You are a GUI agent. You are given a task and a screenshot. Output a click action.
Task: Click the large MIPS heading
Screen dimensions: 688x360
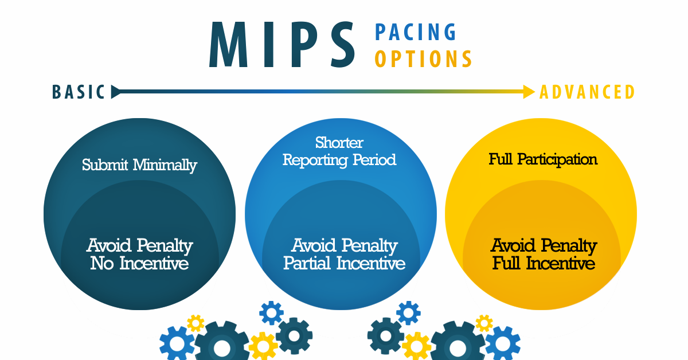(x=282, y=44)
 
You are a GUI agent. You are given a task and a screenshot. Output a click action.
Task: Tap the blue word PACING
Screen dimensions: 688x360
(x=416, y=32)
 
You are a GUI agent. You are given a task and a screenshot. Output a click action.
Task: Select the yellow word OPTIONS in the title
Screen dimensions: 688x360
(x=424, y=58)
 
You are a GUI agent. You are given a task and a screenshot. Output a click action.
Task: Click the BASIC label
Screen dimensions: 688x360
(x=79, y=92)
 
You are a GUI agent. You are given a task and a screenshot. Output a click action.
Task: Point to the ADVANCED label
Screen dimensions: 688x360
(x=587, y=92)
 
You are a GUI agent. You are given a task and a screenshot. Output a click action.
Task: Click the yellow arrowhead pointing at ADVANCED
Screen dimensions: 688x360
(x=529, y=92)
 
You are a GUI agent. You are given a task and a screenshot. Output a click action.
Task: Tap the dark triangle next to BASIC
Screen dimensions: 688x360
(x=116, y=92)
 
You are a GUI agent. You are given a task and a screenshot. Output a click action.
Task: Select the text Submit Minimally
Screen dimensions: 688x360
(x=139, y=165)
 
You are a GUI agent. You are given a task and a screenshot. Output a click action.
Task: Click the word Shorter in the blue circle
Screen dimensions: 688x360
(x=339, y=143)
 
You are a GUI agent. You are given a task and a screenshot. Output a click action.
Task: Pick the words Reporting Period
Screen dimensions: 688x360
(x=339, y=161)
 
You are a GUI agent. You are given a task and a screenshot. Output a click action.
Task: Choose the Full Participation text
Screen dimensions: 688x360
(x=543, y=160)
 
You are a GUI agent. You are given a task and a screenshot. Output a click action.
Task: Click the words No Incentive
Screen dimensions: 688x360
(x=139, y=263)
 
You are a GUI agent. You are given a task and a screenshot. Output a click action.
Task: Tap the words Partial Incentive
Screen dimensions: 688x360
(x=345, y=263)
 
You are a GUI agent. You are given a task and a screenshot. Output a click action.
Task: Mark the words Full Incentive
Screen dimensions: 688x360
(x=544, y=263)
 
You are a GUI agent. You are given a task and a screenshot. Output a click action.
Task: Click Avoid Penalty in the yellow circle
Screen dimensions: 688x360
(x=544, y=246)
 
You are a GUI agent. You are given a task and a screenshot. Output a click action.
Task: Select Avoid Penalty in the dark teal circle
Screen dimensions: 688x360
(x=140, y=246)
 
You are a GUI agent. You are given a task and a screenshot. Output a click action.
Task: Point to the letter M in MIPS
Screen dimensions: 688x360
(x=228, y=44)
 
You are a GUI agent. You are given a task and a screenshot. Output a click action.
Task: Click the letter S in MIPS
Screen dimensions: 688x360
(x=343, y=44)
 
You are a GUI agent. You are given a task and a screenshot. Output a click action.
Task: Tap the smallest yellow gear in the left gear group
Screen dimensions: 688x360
(x=196, y=323)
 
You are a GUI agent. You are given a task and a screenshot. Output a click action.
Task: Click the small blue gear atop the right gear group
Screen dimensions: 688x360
(x=408, y=313)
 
